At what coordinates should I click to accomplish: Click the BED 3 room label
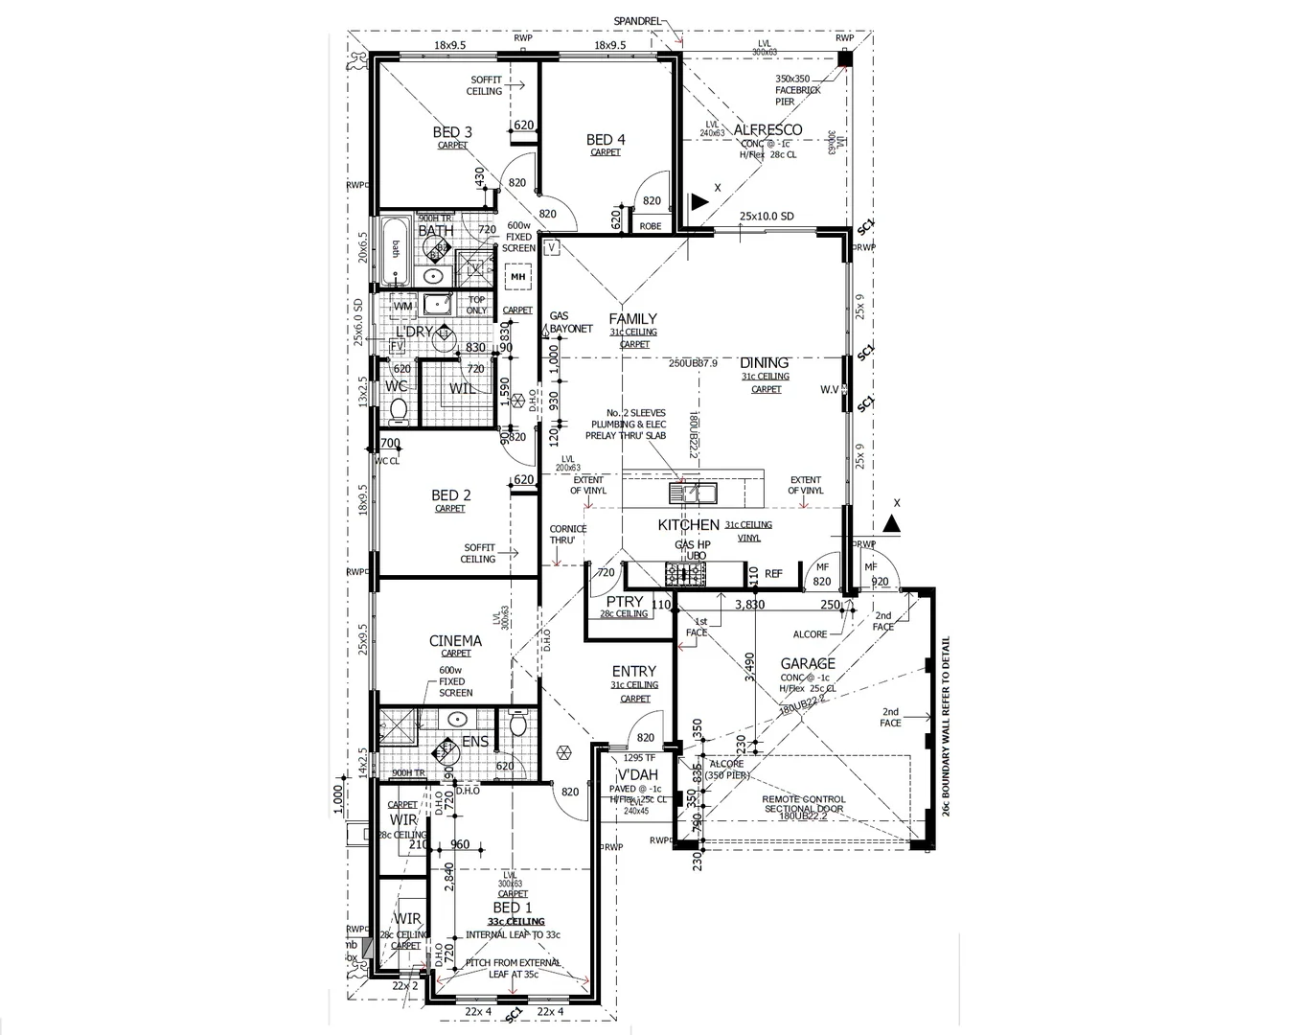click(452, 132)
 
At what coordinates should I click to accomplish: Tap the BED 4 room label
click(606, 140)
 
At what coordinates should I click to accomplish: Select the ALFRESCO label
click(767, 129)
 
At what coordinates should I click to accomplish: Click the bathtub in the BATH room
click(395, 250)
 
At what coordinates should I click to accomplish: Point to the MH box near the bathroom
click(518, 277)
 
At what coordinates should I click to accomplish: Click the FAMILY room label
click(633, 318)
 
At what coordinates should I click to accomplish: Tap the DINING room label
click(765, 362)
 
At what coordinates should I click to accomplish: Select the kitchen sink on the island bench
click(692, 493)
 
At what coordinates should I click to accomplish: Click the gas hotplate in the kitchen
click(685, 574)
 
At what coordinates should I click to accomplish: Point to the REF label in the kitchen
click(773, 574)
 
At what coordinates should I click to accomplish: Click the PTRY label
click(625, 602)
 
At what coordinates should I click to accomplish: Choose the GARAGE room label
click(808, 663)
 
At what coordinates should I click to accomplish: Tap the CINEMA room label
click(455, 641)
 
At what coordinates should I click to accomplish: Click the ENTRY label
click(634, 672)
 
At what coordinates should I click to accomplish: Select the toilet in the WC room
click(400, 410)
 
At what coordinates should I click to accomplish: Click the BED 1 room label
click(512, 908)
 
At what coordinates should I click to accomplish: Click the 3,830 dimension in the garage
click(749, 605)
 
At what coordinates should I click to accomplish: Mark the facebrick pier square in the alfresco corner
click(844, 58)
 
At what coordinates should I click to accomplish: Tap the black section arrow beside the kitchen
click(891, 523)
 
